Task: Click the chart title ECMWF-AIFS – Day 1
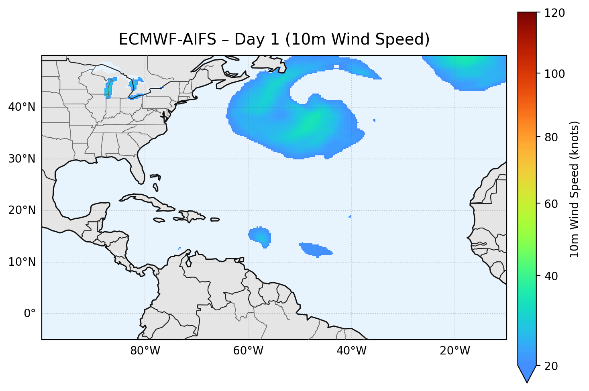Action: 274,39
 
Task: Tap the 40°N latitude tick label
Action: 22,107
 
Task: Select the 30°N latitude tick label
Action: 22,159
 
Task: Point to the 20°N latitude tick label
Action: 22,210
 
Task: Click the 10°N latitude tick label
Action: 22,262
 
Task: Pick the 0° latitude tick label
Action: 29,314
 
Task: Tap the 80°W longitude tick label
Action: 145,351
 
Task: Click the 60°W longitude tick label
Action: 248,351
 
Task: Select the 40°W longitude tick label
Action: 351,351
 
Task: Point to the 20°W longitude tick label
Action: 454,351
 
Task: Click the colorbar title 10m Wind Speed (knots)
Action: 575,189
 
